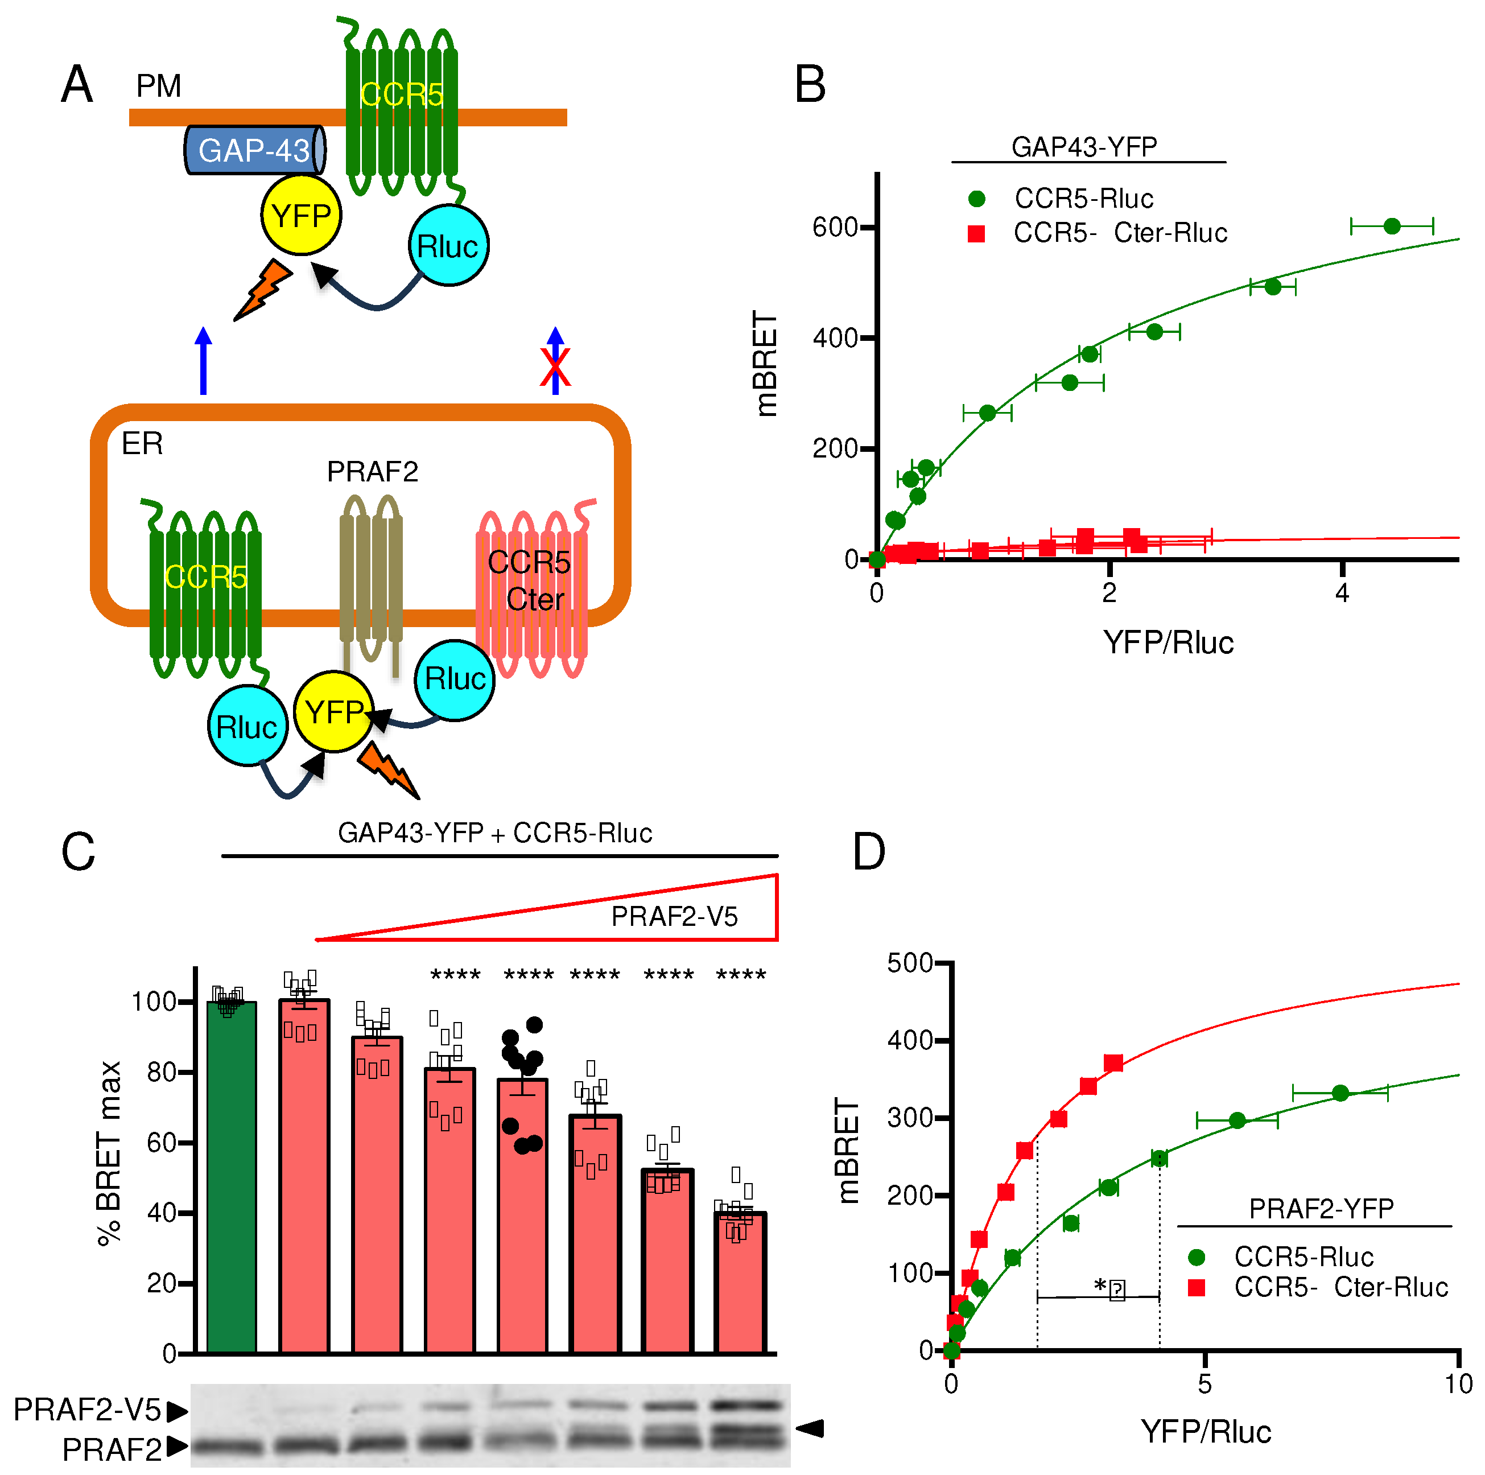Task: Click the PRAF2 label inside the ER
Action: coord(372,471)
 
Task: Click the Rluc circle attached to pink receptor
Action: coord(454,679)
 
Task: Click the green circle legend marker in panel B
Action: coord(976,199)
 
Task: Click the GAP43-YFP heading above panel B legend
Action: coord(1084,147)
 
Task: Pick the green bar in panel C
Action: coord(232,1176)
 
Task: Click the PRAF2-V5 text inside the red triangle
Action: coord(674,916)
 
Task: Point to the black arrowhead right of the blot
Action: coord(810,1429)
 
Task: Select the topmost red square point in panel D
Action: coord(1113,1063)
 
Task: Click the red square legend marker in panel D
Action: coord(1196,1287)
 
